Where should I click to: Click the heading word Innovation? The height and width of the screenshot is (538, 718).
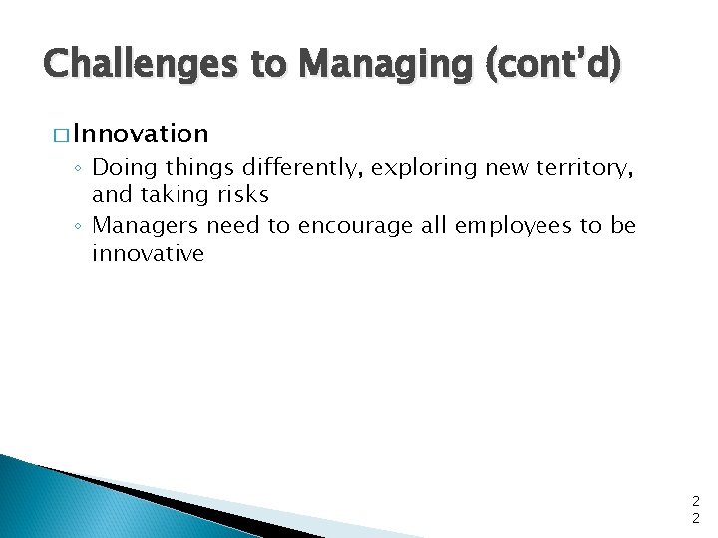pos(141,134)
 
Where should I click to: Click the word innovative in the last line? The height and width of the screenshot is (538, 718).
pos(148,253)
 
